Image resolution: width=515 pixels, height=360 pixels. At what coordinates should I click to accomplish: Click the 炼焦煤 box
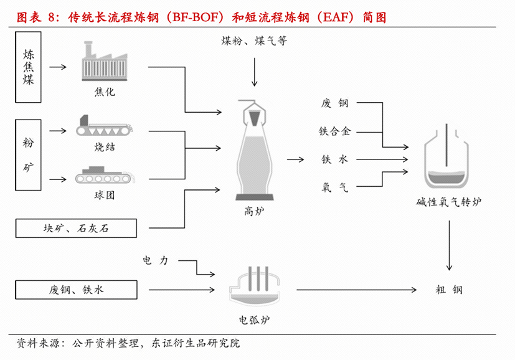point(28,67)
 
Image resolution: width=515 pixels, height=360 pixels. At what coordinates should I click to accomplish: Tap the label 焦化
point(104,92)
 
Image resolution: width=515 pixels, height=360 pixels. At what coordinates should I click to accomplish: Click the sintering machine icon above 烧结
point(104,126)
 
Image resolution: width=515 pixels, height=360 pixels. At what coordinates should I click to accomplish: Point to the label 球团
point(104,195)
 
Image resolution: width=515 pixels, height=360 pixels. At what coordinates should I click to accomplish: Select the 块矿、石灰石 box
point(75,228)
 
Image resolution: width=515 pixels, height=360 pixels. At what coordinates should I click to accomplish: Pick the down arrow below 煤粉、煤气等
point(253,72)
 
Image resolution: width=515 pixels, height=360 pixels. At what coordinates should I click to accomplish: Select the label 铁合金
point(334,131)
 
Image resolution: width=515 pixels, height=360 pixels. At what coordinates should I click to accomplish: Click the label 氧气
point(334,186)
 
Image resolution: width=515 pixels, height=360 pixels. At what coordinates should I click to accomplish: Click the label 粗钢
point(449,290)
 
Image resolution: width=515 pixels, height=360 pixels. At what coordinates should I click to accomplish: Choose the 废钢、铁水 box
point(75,290)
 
